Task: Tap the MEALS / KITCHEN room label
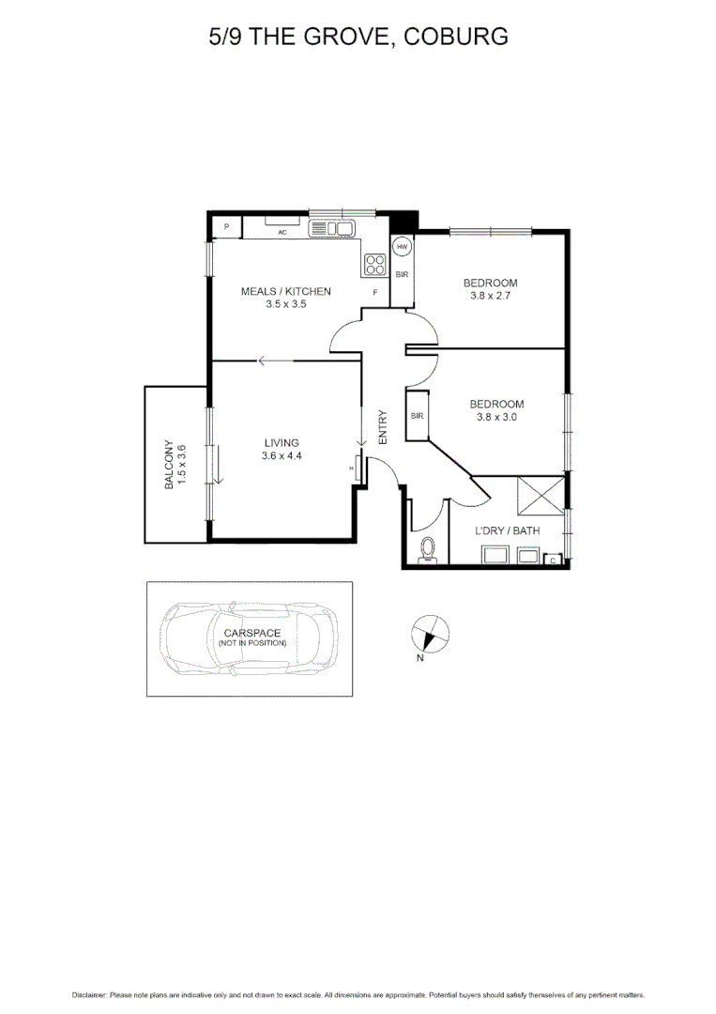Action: coord(286,291)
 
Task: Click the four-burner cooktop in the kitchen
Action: coord(375,265)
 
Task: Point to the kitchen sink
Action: coord(330,228)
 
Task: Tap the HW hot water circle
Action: coord(403,248)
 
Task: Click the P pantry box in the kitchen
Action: coord(226,227)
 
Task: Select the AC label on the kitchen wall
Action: coord(282,232)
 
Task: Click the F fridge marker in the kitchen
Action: coord(375,293)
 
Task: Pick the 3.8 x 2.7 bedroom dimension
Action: coord(490,297)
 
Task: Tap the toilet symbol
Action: coord(429,548)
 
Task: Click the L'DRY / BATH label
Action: coord(508,530)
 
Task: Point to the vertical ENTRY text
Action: coord(383,427)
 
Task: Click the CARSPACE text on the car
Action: coord(251,633)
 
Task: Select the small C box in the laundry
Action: coord(554,561)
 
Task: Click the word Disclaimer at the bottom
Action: coord(89,994)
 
